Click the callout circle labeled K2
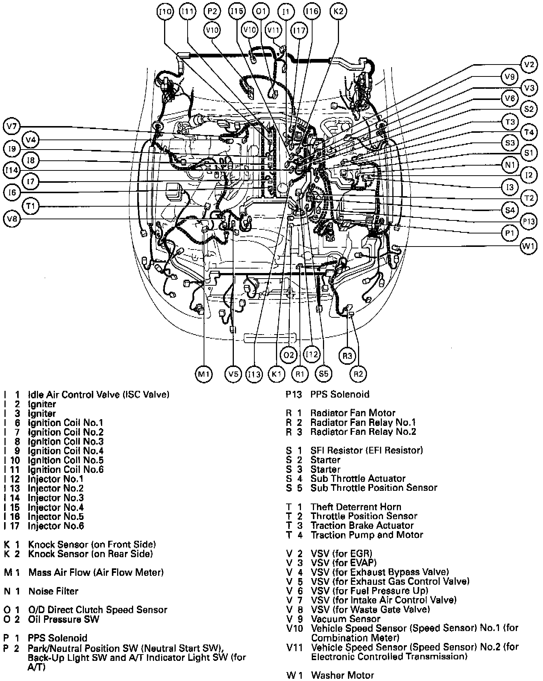pyautogui.click(x=338, y=12)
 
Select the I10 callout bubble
pyautogui.click(x=165, y=12)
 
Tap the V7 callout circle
pyautogui.click(x=12, y=126)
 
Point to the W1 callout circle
pyautogui.click(x=529, y=246)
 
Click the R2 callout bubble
pyautogui.click(x=358, y=374)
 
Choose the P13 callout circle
pyautogui.click(x=529, y=222)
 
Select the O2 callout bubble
pyautogui.click(x=289, y=355)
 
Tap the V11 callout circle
pyautogui.click(x=274, y=30)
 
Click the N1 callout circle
pyautogui.click(x=510, y=165)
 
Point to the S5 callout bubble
pyautogui.click(x=323, y=374)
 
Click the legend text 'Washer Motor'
pyautogui.click(x=342, y=675)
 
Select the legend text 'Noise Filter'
pyautogui.click(x=53, y=591)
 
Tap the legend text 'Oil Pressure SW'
pyautogui.click(x=64, y=619)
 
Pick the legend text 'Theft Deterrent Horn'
pyautogui.click(x=356, y=507)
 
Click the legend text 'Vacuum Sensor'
pyautogui.click(x=345, y=619)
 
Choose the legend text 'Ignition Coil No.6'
pyautogui.click(x=66, y=470)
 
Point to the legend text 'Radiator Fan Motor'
pyautogui.click(x=353, y=413)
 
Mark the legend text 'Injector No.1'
pyautogui.click(x=56, y=479)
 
